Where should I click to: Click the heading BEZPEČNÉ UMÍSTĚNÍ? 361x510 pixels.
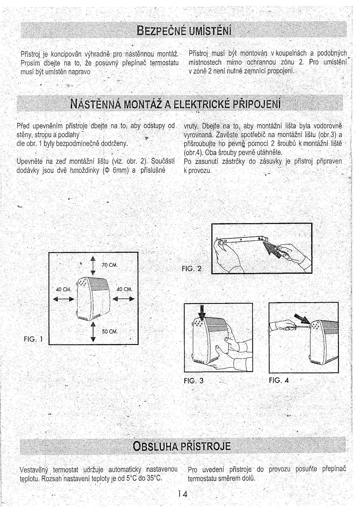(x=185, y=30)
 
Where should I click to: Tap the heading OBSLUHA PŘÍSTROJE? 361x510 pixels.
(x=182, y=446)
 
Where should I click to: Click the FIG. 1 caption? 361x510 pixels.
(x=33, y=339)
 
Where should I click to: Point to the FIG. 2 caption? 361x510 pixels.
(x=191, y=269)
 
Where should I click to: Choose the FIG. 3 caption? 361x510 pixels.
(x=194, y=380)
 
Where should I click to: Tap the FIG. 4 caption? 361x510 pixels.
(x=279, y=380)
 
